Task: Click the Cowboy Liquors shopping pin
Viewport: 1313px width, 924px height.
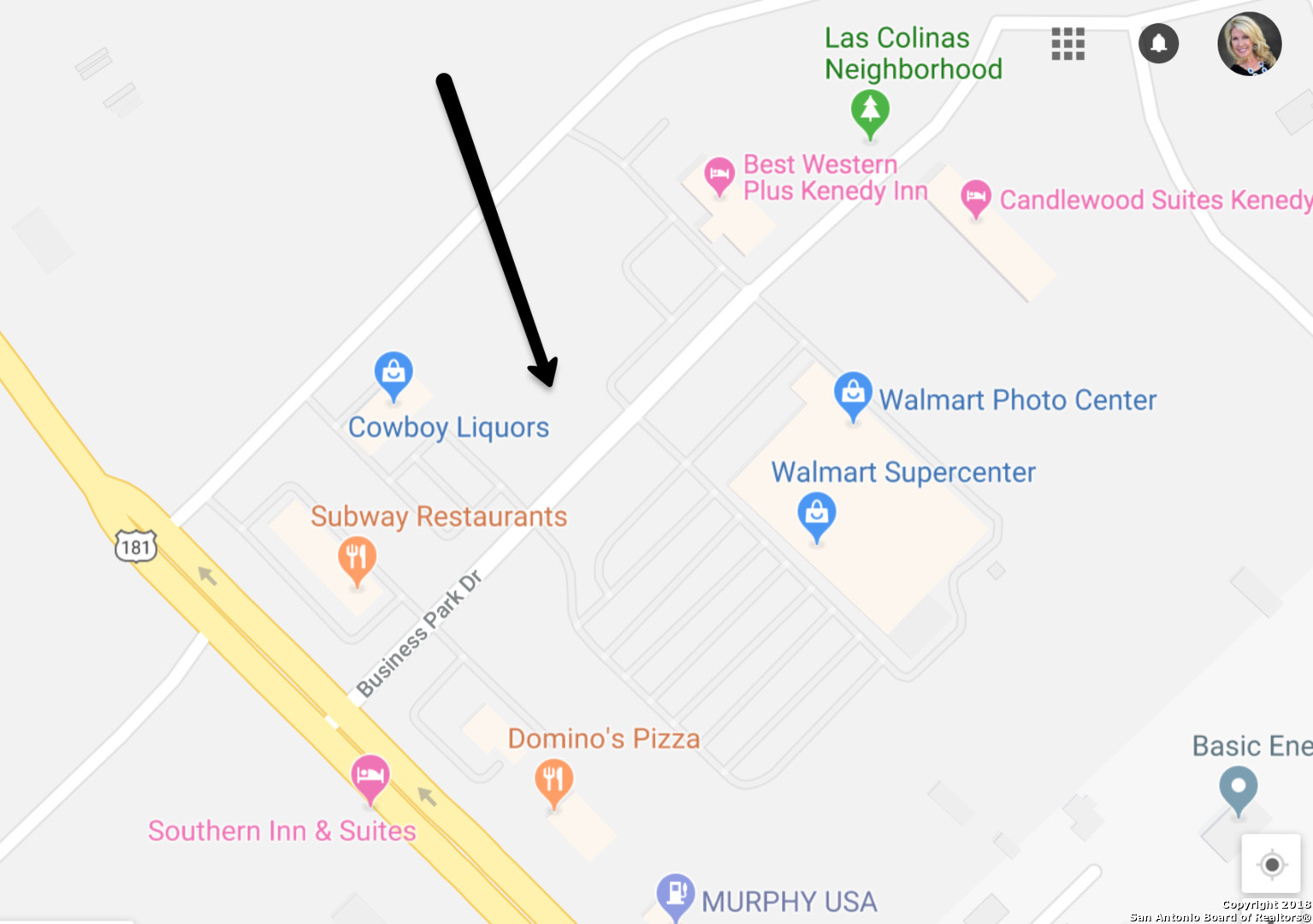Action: [393, 373]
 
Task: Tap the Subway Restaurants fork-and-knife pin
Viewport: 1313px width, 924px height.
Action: [358, 558]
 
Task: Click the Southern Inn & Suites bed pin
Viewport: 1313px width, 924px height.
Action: [370, 775]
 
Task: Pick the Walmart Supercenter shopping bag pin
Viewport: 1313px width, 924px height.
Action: [817, 513]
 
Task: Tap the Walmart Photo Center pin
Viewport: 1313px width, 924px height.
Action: [853, 394]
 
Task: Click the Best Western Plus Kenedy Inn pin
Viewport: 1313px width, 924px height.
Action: [719, 175]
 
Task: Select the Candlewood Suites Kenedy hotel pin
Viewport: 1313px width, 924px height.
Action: [976, 198]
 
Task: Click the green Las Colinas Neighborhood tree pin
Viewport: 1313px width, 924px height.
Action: [870, 110]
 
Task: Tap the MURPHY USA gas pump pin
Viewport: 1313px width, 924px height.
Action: [675, 894]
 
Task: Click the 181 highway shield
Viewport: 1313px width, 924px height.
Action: [136, 547]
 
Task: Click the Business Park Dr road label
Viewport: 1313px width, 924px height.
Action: [419, 634]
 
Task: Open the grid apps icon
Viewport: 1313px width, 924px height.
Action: [1068, 44]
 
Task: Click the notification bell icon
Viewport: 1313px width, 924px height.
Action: [1158, 43]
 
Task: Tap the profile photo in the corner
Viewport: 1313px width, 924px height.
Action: [1249, 44]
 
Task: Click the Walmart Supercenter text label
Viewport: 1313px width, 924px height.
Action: [903, 472]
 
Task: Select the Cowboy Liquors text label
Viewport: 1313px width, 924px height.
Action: [448, 427]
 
